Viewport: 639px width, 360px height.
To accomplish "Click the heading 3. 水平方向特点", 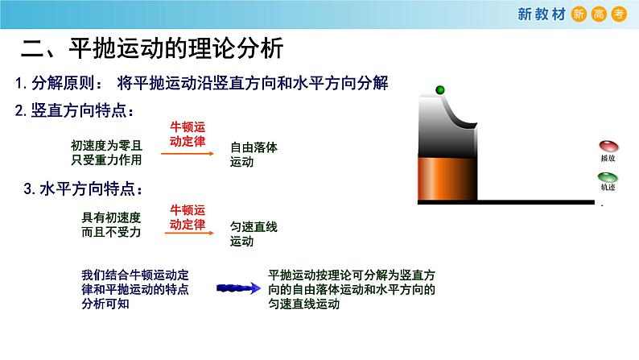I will tap(84, 190).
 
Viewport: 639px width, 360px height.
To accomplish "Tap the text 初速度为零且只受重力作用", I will tap(106, 153).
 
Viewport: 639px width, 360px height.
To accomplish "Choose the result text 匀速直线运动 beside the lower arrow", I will tap(254, 234).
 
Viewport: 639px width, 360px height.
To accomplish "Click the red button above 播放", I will tap(608, 147).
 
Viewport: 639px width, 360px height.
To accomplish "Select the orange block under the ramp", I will tap(447, 176).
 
